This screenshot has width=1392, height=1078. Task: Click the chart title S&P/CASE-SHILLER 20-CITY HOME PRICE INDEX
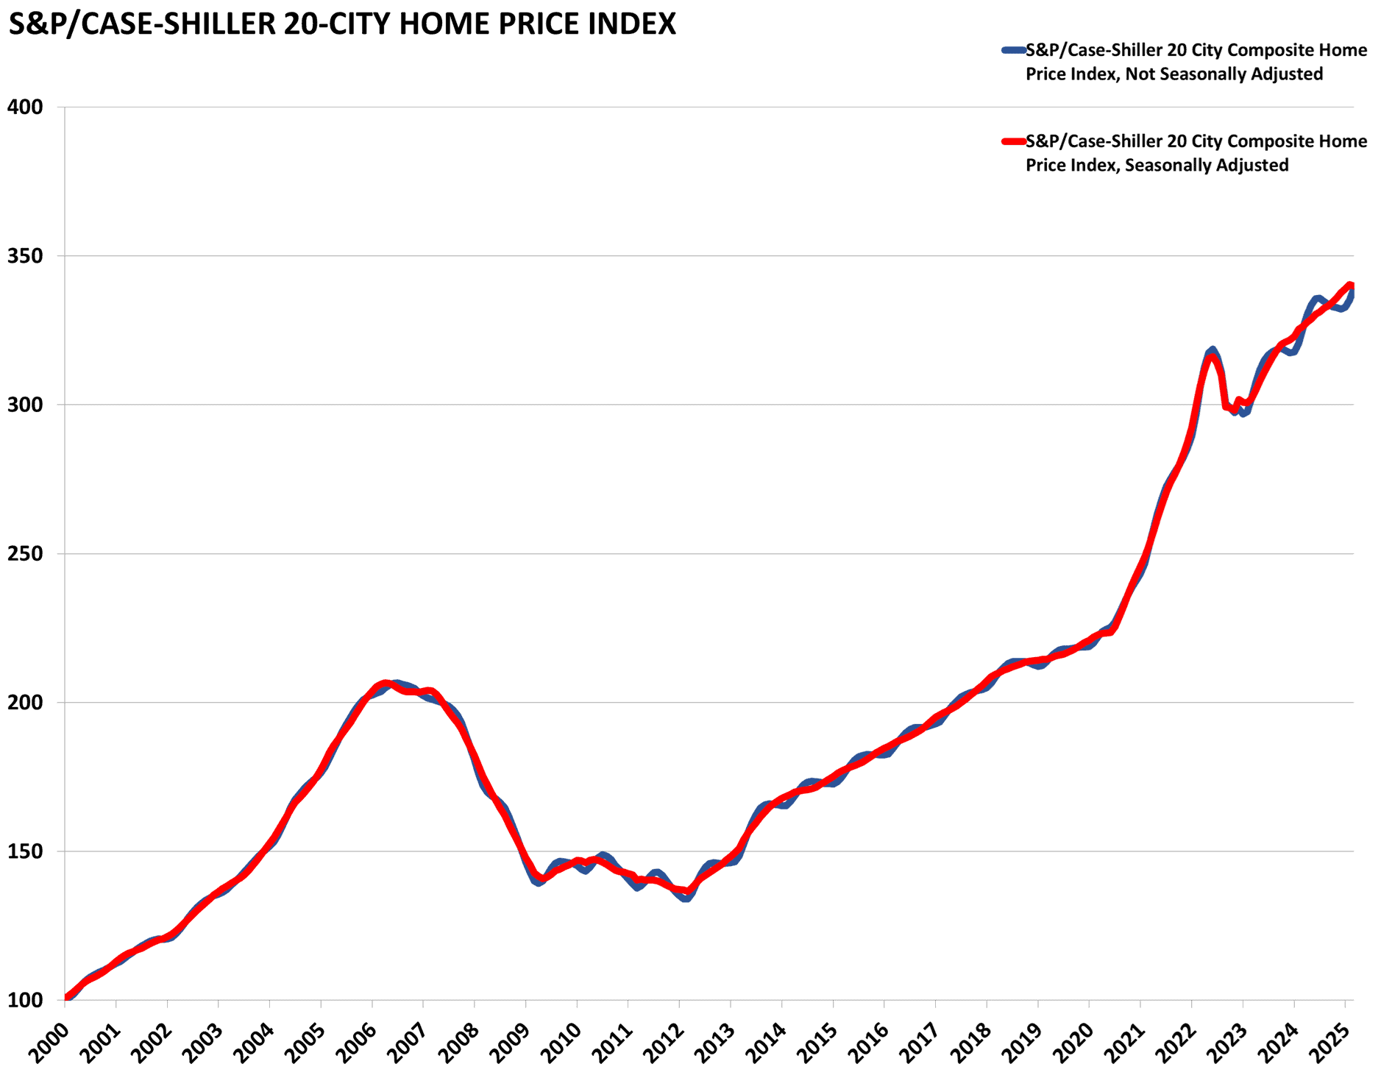[x=341, y=25]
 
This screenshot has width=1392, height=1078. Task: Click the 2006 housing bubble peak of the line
[x=386, y=684]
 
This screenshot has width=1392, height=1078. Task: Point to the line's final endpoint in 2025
[x=1351, y=286]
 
